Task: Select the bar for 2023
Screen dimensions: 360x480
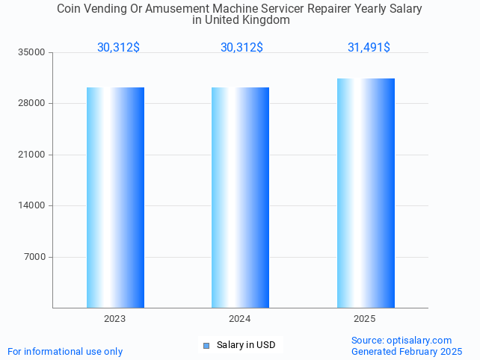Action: click(x=115, y=197)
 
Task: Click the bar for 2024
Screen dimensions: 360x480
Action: click(x=240, y=197)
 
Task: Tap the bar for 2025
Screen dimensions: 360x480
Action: click(x=366, y=193)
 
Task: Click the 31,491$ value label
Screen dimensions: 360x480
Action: click(x=369, y=48)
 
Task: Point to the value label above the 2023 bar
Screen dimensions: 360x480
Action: click(x=118, y=48)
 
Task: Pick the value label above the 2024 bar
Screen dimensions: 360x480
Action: click(x=241, y=48)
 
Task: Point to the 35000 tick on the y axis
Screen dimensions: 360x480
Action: click(x=32, y=52)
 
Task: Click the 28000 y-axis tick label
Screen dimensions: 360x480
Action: click(x=32, y=104)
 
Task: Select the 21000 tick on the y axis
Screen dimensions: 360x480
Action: click(x=32, y=155)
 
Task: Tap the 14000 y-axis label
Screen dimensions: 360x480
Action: click(x=32, y=206)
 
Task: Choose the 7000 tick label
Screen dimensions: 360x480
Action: click(x=34, y=257)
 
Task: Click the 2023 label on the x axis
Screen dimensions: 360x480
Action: click(x=115, y=319)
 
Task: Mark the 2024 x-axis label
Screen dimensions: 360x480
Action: click(x=240, y=319)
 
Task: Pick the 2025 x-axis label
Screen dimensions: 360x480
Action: click(x=365, y=319)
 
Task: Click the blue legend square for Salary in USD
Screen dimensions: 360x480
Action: click(x=207, y=345)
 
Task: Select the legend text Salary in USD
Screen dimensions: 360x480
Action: click(x=246, y=345)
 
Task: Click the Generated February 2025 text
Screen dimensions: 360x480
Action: click(x=407, y=351)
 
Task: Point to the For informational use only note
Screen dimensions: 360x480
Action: click(x=65, y=351)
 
